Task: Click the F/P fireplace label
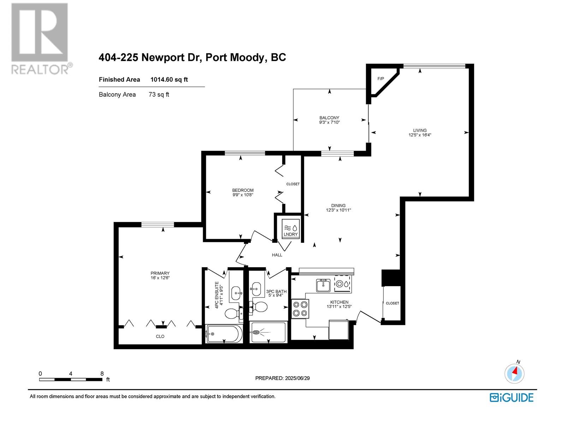click(x=380, y=78)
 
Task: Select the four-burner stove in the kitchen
click(x=300, y=309)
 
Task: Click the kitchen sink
click(x=323, y=285)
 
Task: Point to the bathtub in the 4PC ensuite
click(x=224, y=334)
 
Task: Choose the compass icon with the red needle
click(x=514, y=374)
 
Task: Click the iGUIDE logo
click(x=511, y=397)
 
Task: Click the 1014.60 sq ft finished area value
click(x=169, y=79)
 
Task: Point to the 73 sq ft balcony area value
click(x=159, y=94)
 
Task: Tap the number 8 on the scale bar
click(x=102, y=373)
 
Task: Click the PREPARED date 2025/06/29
click(x=297, y=378)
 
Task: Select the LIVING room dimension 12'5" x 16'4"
click(x=420, y=135)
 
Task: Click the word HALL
click(x=277, y=255)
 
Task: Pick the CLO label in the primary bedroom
click(x=160, y=336)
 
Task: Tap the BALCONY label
click(x=329, y=118)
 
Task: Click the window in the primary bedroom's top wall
click(x=157, y=225)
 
